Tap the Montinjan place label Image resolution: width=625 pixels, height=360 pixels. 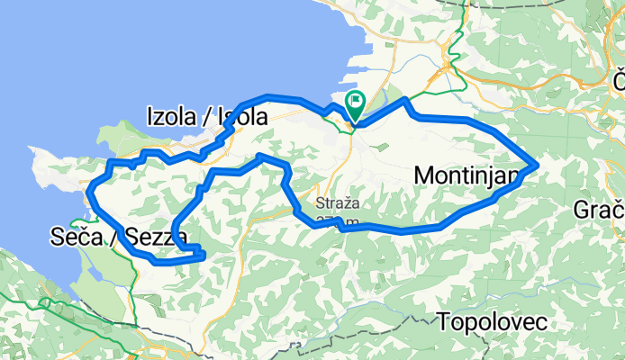467,176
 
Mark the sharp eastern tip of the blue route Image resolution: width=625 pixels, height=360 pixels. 538,164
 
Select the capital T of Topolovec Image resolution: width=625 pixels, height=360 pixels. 444,321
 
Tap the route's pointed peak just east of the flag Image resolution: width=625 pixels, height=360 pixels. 406,99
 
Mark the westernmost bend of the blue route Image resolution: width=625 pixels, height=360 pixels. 90,186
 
